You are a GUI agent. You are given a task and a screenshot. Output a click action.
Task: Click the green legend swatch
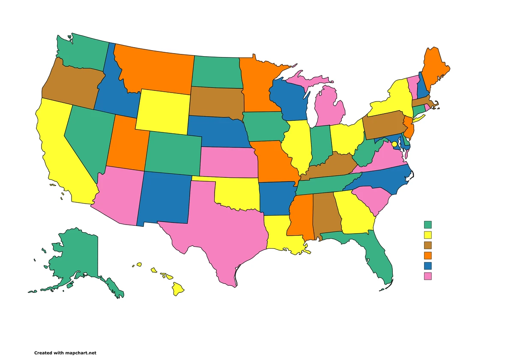pyautogui.click(x=427, y=224)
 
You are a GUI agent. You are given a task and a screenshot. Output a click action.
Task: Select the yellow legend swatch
pyautogui.click(x=427, y=234)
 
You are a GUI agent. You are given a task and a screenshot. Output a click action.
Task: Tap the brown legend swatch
pyautogui.click(x=427, y=245)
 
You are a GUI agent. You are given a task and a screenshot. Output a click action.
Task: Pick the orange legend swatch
pyautogui.click(x=427, y=255)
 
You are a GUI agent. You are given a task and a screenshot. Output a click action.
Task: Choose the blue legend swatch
pyautogui.click(x=427, y=266)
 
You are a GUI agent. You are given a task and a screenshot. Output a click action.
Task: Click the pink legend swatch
pyautogui.click(x=427, y=276)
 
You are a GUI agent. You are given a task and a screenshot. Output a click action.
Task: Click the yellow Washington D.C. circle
pyautogui.click(x=394, y=144)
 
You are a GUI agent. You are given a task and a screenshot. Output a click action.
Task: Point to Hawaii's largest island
pyautogui.click(x=178, y=289)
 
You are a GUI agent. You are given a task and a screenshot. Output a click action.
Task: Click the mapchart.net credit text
pyautogui.click(x=65, y=353)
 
